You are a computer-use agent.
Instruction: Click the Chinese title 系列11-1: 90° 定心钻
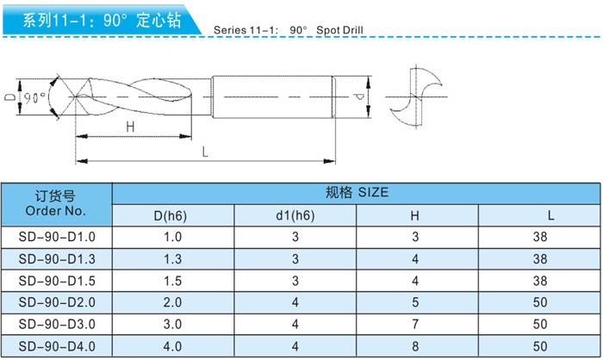click(102, 20)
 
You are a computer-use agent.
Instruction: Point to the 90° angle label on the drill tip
click(34, 96)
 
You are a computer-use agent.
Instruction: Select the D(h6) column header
click(173, 214)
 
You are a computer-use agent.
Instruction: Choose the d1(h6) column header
click(295, 214)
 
